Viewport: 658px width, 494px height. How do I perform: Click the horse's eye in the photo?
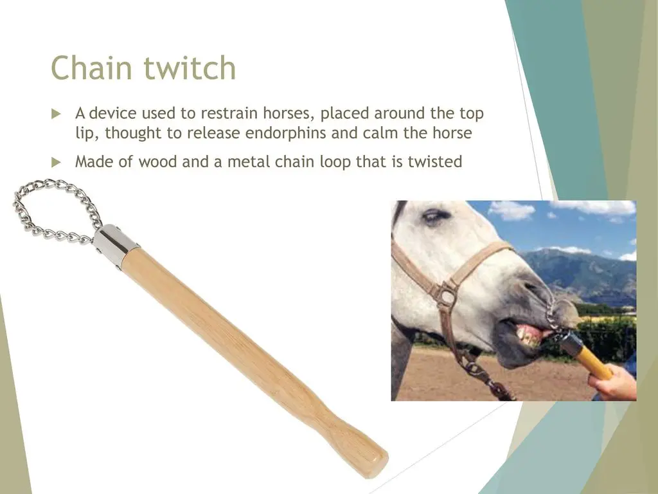pyautogui.click(x=432, y=217)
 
